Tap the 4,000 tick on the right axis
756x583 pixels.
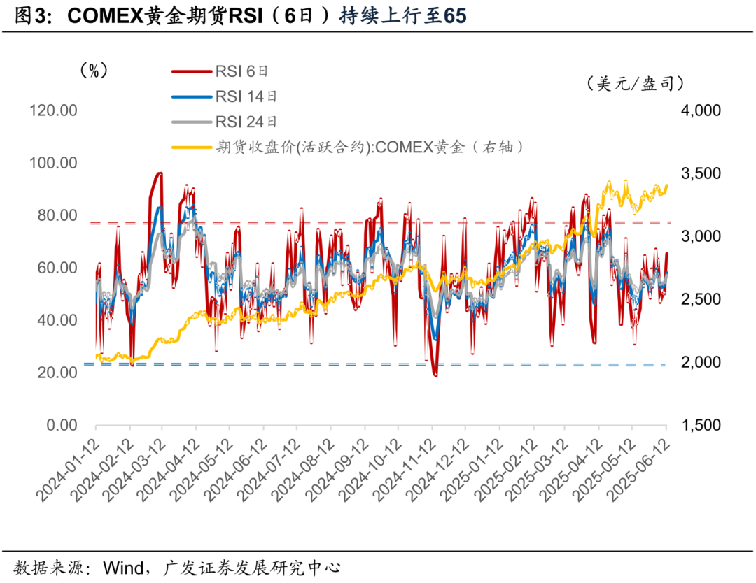[701, 110]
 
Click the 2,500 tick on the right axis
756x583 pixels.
[701, 299]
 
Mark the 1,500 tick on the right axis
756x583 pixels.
[701, 425]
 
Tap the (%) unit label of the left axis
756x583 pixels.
[93, 71]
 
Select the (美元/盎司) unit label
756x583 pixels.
[635, 84]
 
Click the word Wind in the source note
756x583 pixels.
[126, 565]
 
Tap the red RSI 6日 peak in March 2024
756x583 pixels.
[159, 173]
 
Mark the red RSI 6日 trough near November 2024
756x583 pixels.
[435, 375]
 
